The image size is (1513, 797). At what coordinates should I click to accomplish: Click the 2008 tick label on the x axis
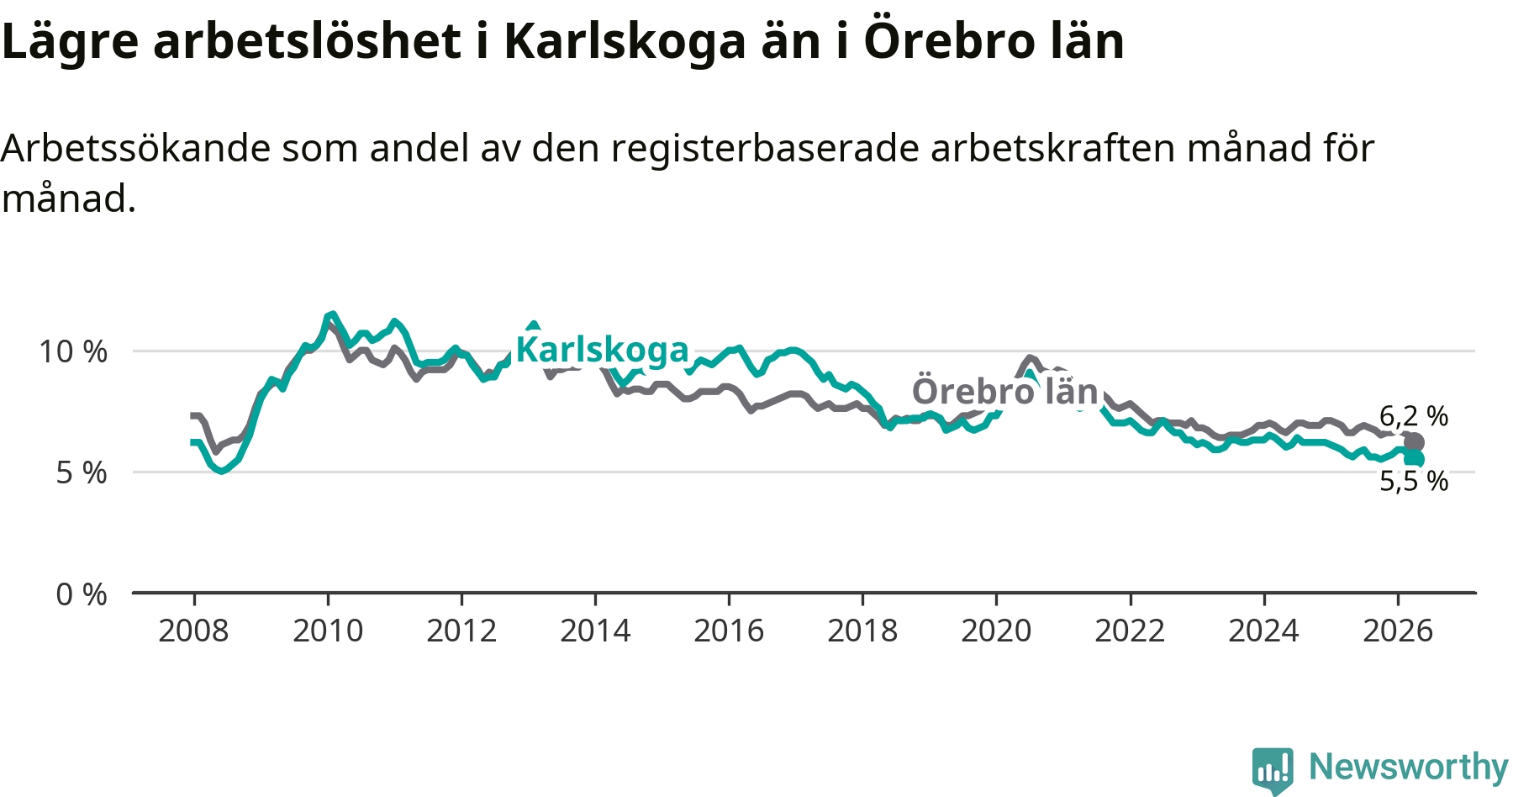click(x=193, y=631)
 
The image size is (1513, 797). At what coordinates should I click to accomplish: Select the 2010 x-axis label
click(x=328, y=631)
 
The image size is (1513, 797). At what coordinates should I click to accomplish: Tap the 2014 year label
click(x=595, y=631)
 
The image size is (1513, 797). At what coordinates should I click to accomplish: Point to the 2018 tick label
click(x=862, y=631)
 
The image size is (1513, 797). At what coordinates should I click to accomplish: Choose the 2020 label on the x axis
click(x=996, y=631)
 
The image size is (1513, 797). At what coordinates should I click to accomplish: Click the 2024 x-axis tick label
click(x=1263, y=631)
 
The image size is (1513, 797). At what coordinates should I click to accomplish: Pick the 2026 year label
click(x=1397, y=631)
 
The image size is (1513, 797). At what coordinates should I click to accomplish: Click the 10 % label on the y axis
click(x=73, y=351)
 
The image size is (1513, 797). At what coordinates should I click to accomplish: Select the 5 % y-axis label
click(x=82, y=472)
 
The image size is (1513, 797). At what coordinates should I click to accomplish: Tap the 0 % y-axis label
click(x=82, y=594)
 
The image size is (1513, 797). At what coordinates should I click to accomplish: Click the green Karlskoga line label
click(x=602, y=350)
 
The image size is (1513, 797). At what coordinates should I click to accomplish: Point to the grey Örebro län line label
click(x=1005, y=391)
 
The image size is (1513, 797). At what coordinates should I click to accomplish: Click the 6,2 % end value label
click(x=1414, y=416)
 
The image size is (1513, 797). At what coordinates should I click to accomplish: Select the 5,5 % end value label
click(x=1414, y=481)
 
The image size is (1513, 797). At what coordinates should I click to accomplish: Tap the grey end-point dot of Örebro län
click(x=1414, y=442)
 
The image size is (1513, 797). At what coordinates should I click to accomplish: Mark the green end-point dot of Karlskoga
click(x=1415, y=459)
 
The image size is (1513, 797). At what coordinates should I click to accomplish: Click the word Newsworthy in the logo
click(x=1409, y=767)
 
